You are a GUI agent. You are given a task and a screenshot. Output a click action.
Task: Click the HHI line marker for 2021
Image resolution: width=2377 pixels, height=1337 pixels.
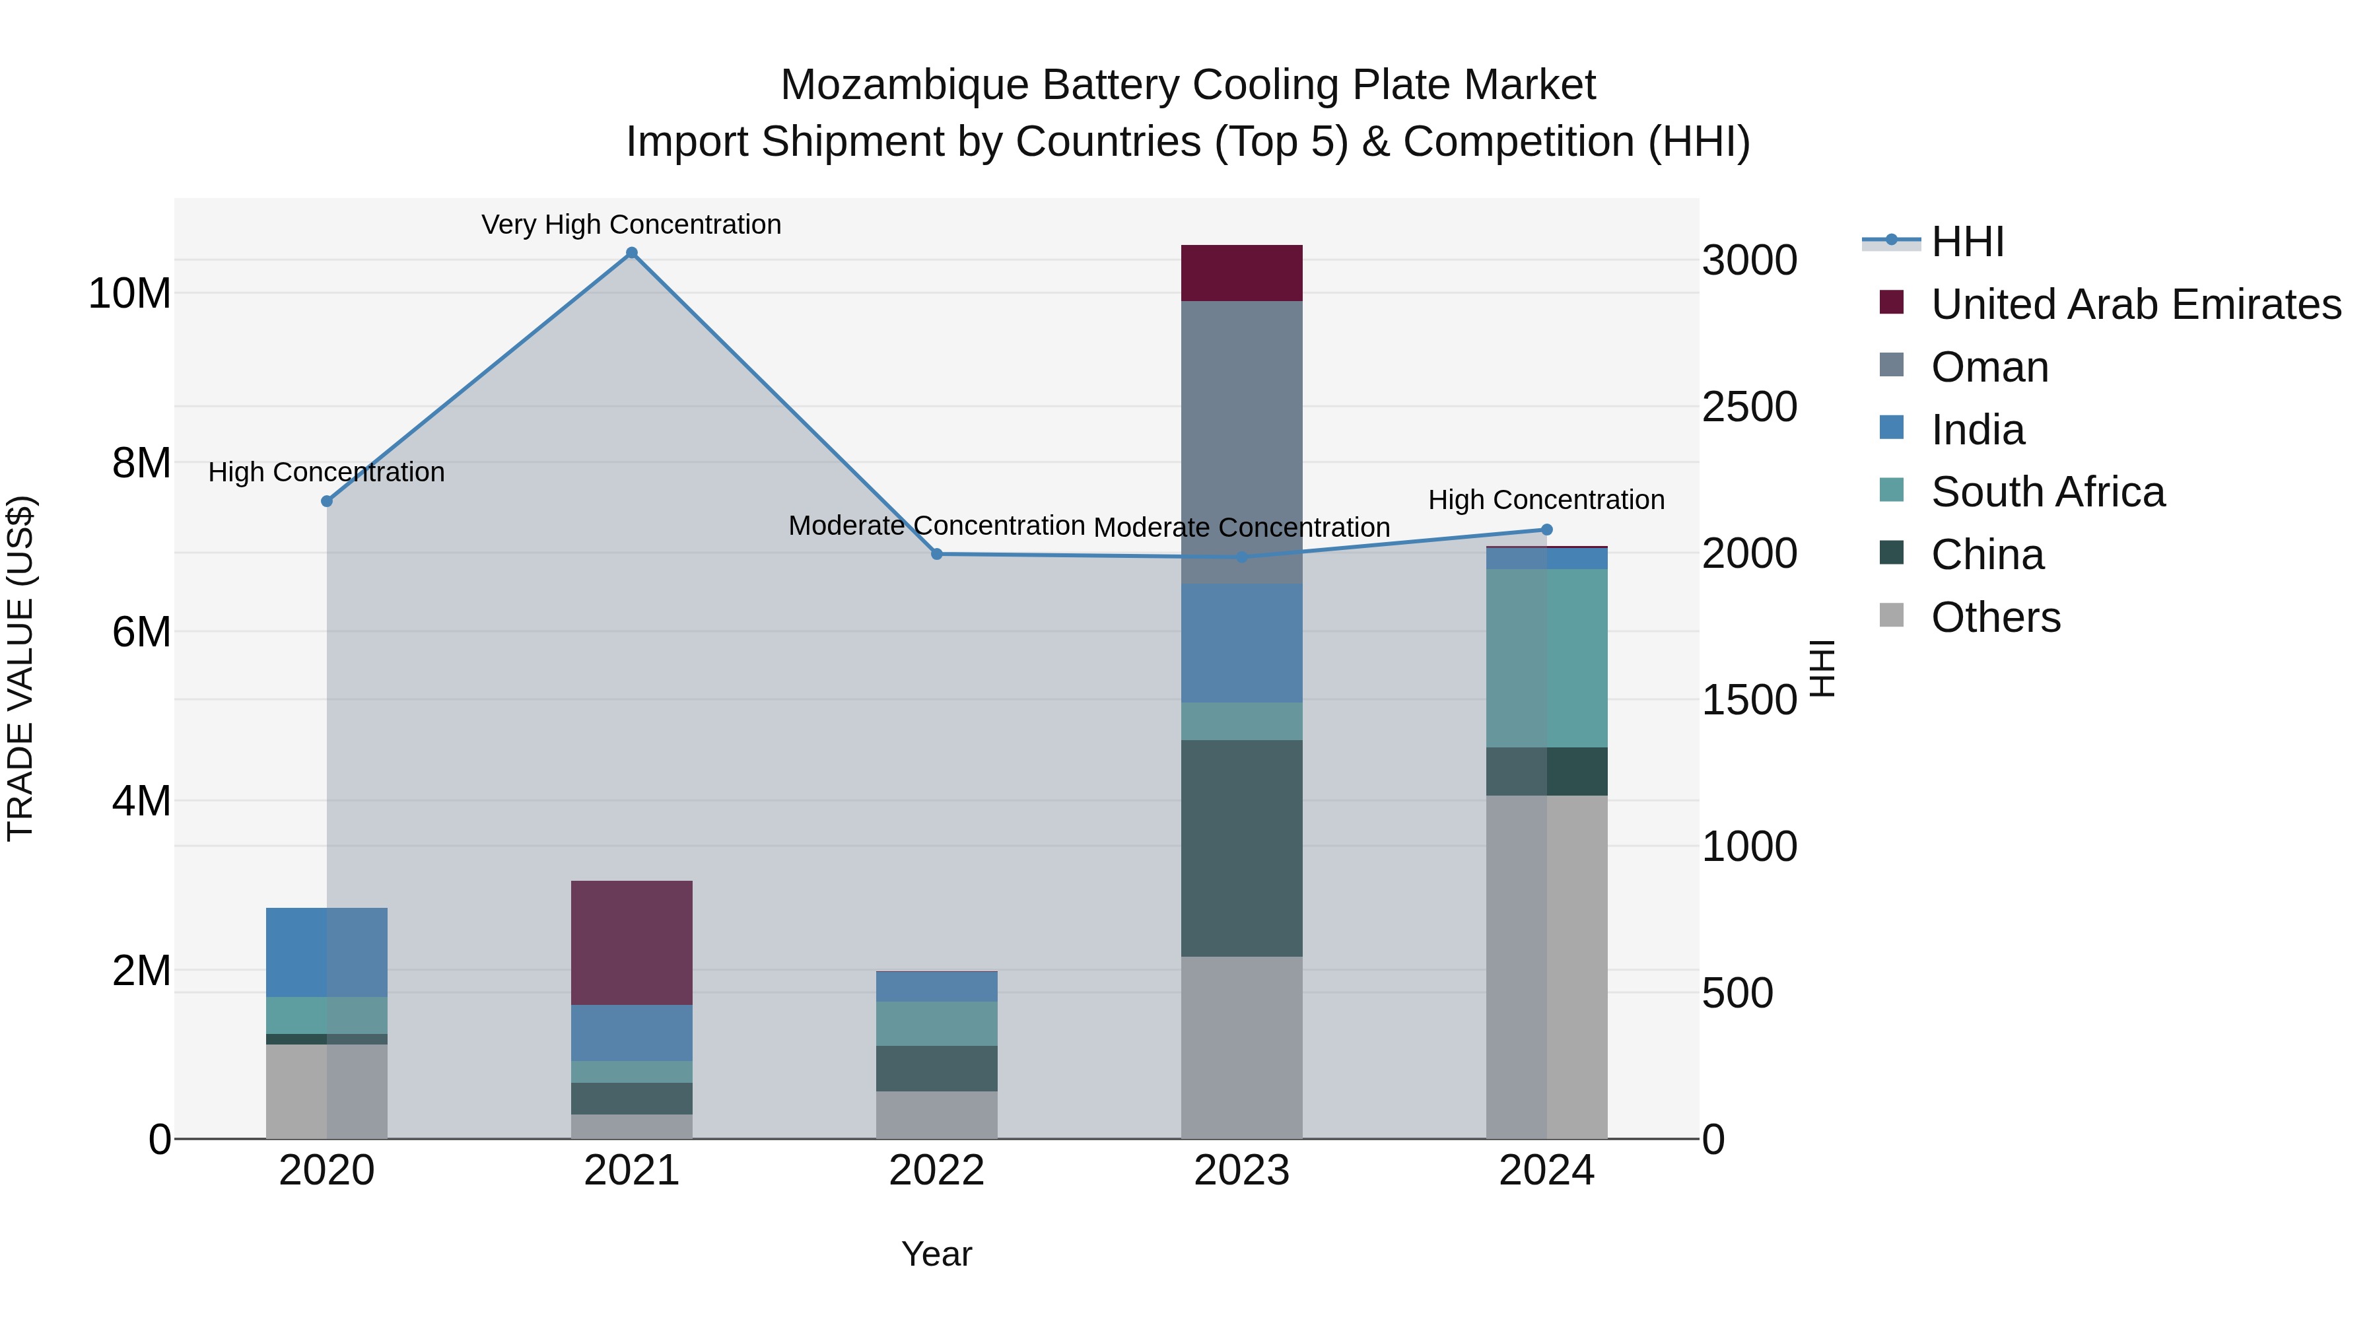tap(632, 253)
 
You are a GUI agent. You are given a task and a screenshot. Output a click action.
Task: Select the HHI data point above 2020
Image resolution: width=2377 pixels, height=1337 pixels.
tap(327, 501)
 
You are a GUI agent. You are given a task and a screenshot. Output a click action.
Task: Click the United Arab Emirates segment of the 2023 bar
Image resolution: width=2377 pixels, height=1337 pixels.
tap(1242, 273)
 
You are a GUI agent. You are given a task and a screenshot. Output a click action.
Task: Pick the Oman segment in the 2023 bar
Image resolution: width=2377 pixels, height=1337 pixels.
tap(1242, 443)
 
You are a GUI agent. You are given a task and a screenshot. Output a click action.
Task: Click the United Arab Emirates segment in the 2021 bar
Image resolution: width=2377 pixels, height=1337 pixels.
tap(632, 943)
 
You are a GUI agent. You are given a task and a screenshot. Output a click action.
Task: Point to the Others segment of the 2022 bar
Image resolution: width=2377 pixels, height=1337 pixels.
tap(936, 1116)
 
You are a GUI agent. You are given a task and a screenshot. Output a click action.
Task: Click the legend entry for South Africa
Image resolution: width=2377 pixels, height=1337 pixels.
tap(2048, 493)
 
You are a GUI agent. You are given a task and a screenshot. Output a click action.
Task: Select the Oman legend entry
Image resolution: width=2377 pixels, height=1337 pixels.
tap(1989, 367)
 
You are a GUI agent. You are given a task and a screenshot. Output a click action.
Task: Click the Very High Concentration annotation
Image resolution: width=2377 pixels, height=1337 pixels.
tap(631, 224)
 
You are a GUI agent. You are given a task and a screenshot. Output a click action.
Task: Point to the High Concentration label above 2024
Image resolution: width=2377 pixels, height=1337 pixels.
tap(1546, 500)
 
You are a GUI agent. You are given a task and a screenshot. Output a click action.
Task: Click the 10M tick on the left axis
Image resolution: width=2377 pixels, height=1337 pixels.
tap(129, 293)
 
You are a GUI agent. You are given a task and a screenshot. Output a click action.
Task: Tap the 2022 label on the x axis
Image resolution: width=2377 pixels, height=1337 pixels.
tap(936, 1171)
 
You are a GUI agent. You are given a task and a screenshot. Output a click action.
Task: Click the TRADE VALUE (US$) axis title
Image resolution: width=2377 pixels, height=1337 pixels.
tap(20, 668)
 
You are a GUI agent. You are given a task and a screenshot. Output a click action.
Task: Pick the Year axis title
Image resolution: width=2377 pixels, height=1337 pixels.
tap(936, 1254)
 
